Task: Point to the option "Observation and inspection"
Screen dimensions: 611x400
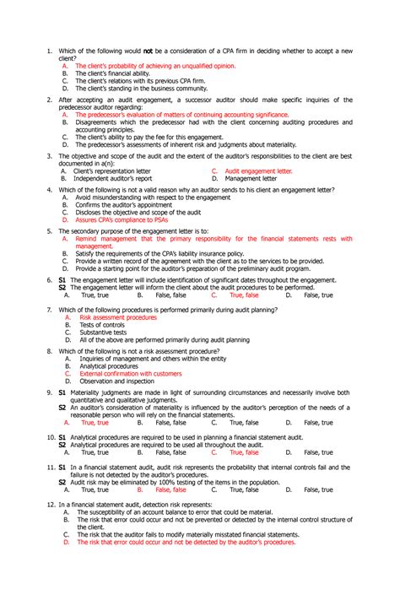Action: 120,381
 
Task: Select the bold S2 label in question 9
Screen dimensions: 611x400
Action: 62,407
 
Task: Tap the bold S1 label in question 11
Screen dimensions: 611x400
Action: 62,467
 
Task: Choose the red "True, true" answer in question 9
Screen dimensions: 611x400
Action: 95,422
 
